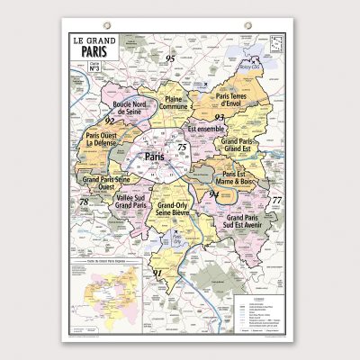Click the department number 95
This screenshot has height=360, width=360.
pos(169,59)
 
